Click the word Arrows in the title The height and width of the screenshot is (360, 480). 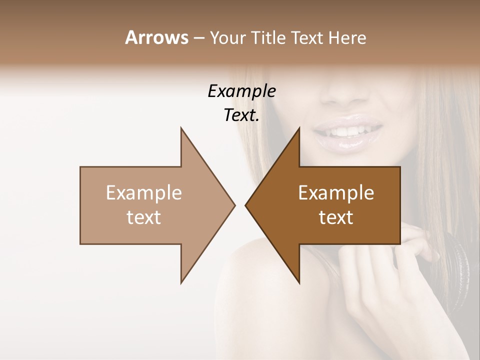click(156, 37)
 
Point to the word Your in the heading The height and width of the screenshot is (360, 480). click(227, 38)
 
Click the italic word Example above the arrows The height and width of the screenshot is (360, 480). click(242, 91)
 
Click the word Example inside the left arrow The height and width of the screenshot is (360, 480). click(144, 193)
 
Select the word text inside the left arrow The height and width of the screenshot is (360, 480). click(144, 217)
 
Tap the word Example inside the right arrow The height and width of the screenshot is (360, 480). click(336, 193)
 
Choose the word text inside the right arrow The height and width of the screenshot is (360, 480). click(336, 217)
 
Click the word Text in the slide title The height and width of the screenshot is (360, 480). click(308, 37)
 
